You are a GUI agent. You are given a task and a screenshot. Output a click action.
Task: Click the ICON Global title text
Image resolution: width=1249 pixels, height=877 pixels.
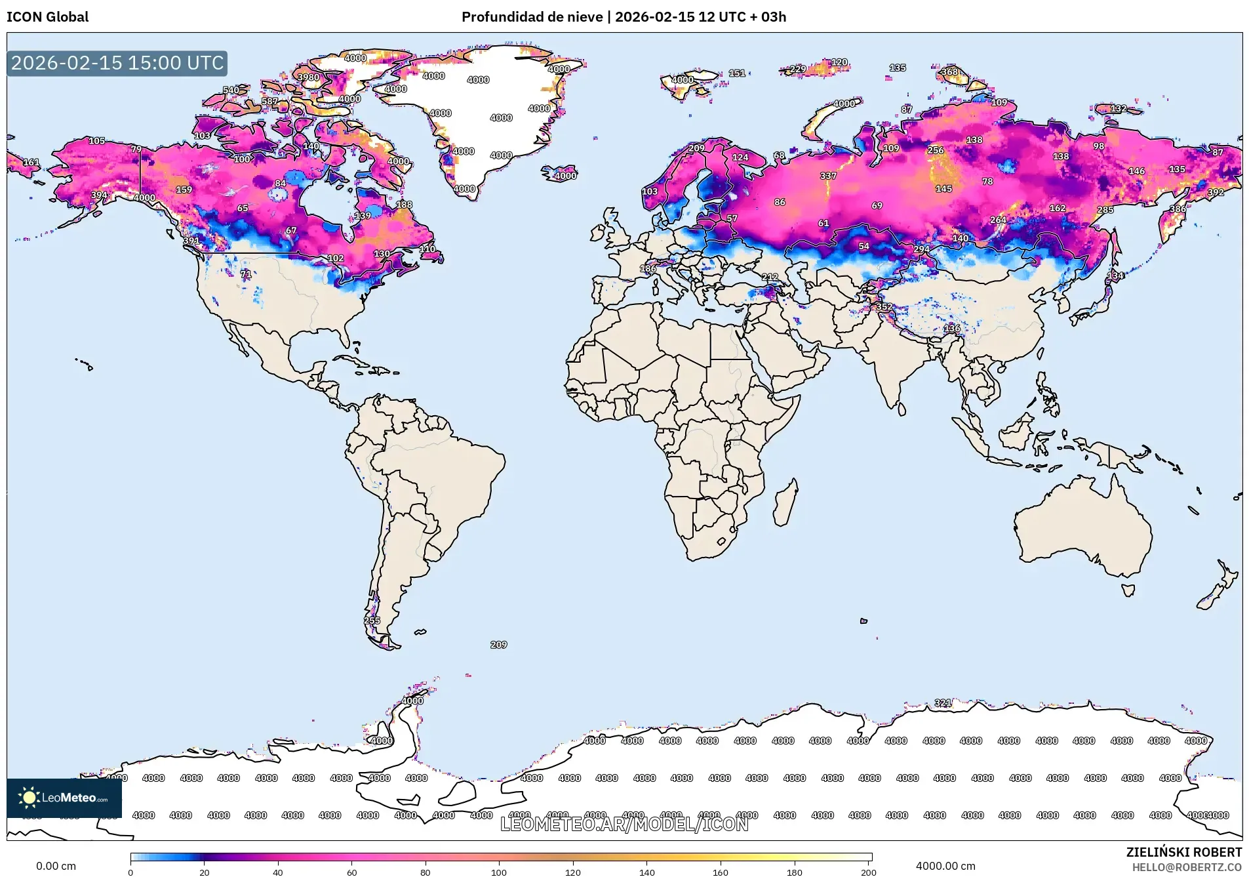pyautogui.click(x=47, y=17)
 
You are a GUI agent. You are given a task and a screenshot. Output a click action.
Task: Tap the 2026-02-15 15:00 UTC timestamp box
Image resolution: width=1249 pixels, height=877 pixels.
pyautogui.click(x=117, y=63)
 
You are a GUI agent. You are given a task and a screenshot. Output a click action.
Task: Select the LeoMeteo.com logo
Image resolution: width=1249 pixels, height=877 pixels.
pyautogui.click(x=64, y=798)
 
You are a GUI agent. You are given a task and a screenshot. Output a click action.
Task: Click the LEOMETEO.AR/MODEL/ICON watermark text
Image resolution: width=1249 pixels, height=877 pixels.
pyautogui.click(x=624, y=824)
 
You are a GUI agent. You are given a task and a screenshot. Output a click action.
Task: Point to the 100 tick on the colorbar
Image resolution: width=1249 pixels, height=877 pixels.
pyautogui.click(x=499, y=872)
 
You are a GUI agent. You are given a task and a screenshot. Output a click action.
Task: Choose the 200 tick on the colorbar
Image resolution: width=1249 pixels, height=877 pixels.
pyautogui.click(x=868, y=872)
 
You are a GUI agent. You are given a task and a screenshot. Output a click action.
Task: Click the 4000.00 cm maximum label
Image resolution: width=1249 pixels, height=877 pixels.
pyautogui.click(x=945, y=866)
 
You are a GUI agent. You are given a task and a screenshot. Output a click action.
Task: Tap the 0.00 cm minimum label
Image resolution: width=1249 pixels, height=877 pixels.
pyautogui.click(x=56, y=866)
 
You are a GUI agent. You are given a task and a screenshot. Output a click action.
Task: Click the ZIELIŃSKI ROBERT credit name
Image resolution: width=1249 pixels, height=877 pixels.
pyautogui.click(x=1183, y=852)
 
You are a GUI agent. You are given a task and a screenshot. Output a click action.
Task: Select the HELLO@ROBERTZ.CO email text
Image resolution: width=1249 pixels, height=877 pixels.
pyautogui.click(x=1187, y=867)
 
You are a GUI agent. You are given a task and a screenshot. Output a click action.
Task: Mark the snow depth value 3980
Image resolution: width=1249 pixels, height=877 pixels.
pyautogui.click(x=308, y=77)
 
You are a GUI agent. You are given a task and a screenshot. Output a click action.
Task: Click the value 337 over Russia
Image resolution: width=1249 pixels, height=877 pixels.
pyautogui.click(x=828, y=176)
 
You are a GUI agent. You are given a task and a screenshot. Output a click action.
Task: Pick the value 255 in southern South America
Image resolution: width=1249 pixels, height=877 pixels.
pyautogui.click(x=372, y=621)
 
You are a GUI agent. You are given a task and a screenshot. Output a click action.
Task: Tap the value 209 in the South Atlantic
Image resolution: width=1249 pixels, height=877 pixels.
pyautogui.click(x=498, y=645)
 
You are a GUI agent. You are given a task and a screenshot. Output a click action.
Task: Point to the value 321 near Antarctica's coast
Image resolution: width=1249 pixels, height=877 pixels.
pyautogui.click(x=943, y=703)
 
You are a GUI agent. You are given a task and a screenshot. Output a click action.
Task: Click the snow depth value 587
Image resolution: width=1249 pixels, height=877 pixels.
pyautogui.click(x=269, y=102)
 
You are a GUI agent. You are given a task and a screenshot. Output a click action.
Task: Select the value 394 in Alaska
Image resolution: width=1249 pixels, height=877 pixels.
pyautogui.click(x=99, y=195)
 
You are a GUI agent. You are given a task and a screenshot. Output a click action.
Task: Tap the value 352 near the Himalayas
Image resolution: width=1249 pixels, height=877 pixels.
pyautogui.click(x=884, y=307)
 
